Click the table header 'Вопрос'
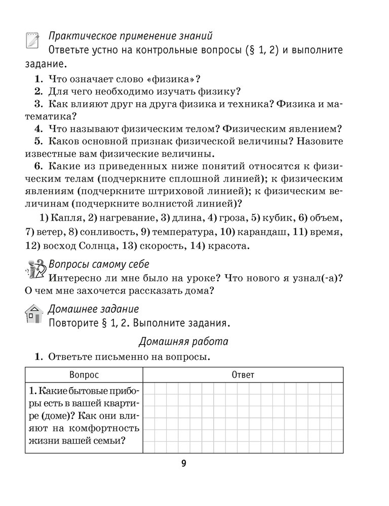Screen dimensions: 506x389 (x=84, y=374)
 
